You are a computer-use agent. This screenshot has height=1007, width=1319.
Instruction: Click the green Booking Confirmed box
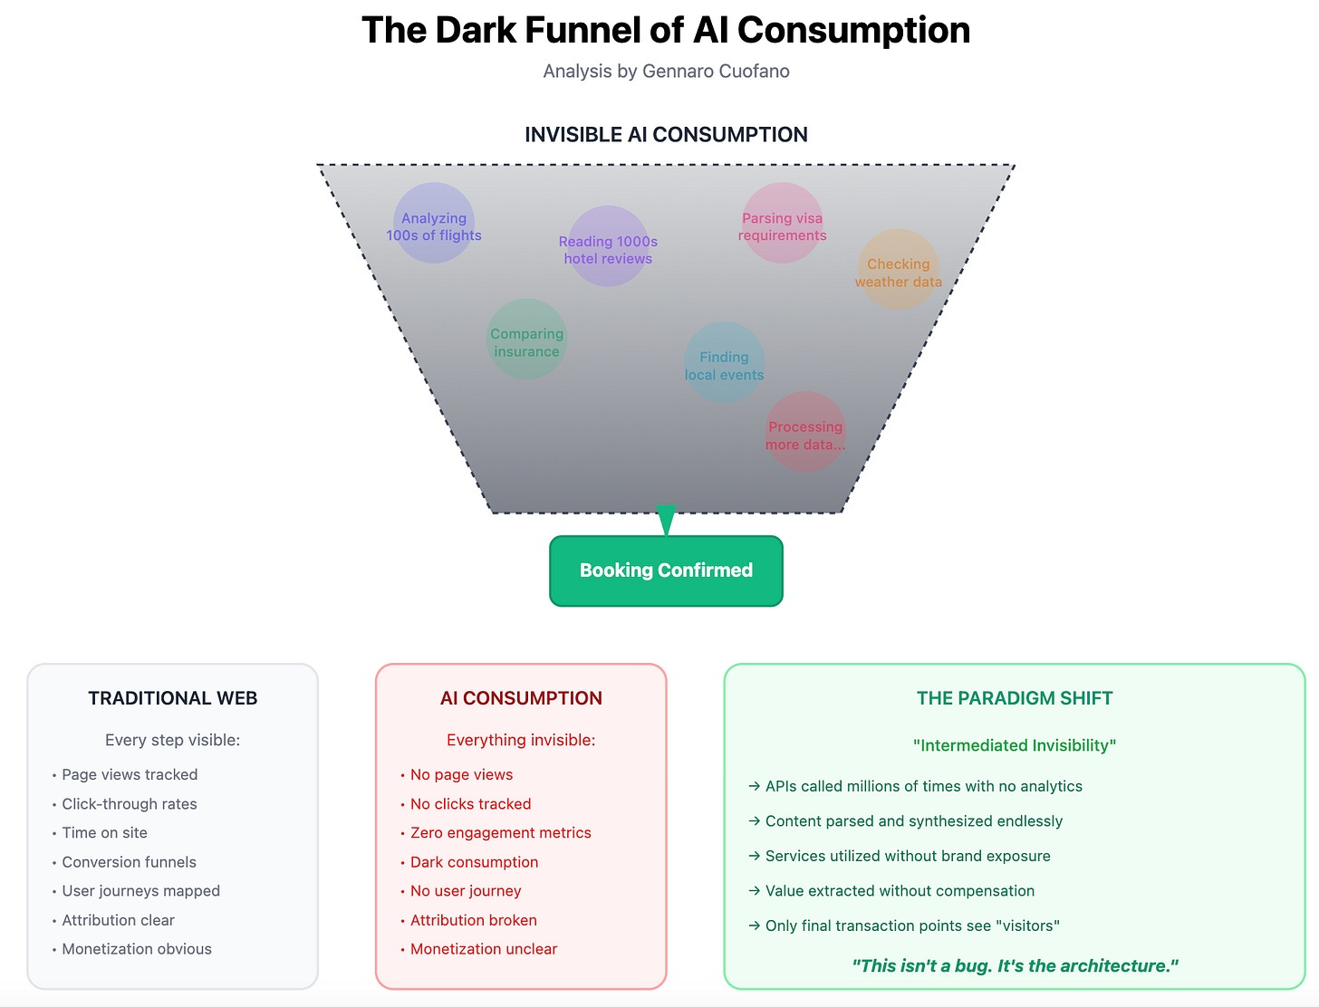[666, 571]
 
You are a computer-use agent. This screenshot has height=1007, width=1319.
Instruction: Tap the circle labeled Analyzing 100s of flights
[434, 224]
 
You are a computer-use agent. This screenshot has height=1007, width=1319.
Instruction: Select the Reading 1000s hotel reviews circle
[608, 246]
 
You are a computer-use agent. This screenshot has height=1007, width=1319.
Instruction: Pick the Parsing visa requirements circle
[782, 224]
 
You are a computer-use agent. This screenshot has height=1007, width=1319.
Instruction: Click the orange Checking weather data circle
[898, 270]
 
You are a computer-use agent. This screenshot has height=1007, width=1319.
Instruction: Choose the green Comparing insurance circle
[526, 340]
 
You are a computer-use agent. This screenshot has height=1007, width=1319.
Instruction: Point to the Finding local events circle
[724, 363]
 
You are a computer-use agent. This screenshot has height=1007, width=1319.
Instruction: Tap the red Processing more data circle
[805, 432]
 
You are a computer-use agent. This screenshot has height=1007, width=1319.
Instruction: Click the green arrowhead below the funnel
[666, 519]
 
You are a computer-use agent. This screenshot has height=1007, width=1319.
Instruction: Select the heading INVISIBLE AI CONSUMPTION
[666, 135]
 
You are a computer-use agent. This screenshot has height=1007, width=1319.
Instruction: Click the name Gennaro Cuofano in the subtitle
[716, 71]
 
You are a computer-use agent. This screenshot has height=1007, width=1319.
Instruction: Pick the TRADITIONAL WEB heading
[173, 698]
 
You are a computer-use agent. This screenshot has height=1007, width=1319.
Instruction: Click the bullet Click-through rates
[130, 804]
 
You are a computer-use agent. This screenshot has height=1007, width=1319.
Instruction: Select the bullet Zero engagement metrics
[500, 833]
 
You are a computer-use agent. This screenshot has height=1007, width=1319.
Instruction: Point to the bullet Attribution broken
[473, 920]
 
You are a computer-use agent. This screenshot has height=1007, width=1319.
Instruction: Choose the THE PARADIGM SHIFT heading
[1015, 698]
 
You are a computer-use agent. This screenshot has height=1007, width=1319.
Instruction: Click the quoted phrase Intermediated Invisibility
[1015, 745]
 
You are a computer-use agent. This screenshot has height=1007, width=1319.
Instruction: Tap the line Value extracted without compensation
[900, 891]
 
